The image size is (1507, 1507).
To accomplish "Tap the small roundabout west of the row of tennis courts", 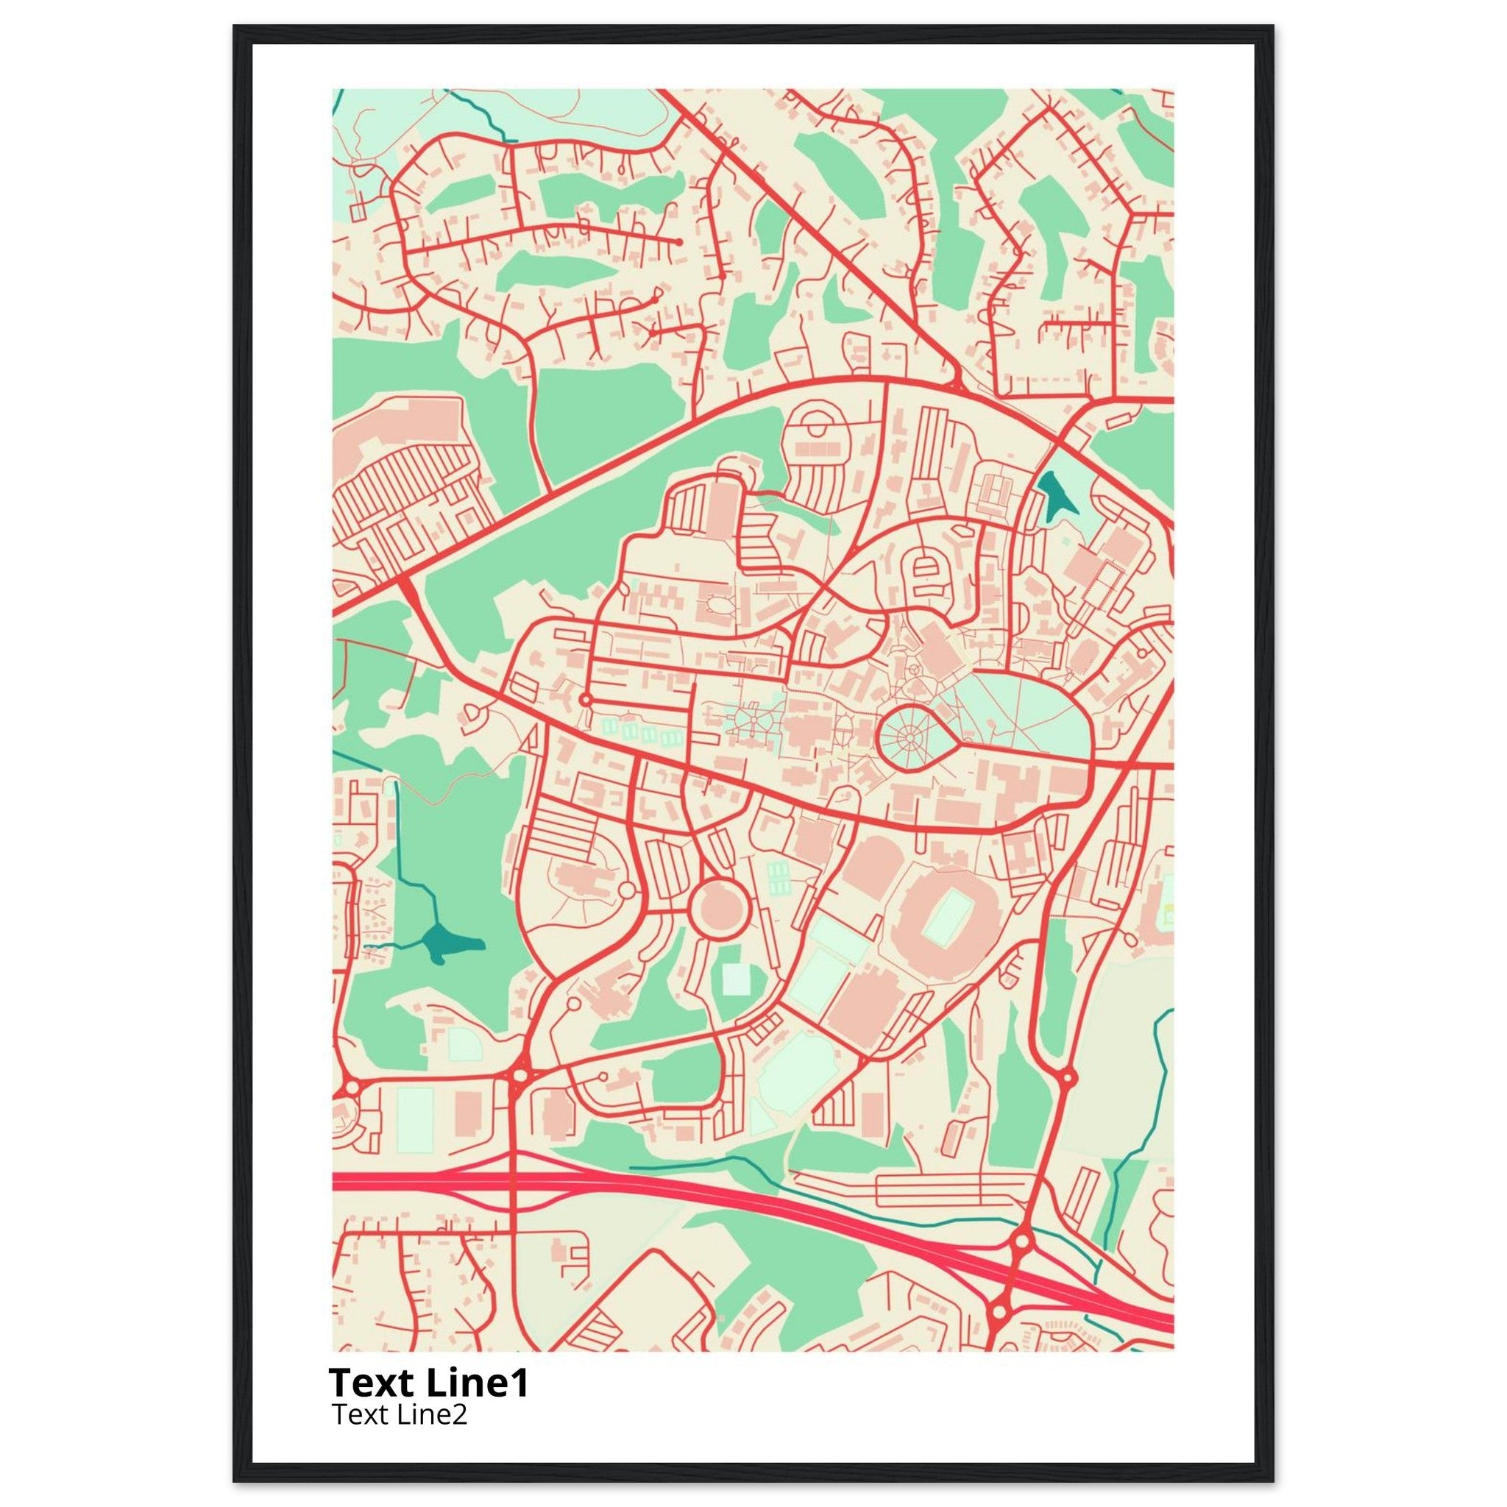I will tap(585, 700).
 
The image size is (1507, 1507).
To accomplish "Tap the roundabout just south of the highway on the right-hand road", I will tap(999, 1313).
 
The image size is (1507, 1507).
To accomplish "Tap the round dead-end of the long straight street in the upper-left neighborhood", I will tap(680, 243).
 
